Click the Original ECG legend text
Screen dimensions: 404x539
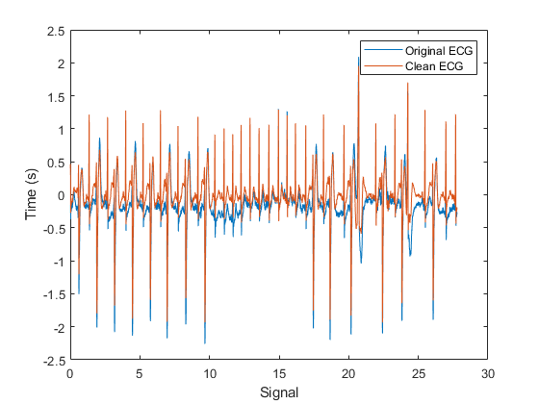(440, 49)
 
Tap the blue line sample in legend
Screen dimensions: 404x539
(376, 49)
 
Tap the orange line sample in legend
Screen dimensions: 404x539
(376, 65)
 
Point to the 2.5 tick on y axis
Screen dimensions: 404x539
(55, 31)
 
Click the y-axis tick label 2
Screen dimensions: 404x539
(61, 63)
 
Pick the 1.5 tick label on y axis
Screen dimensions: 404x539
(55, 96)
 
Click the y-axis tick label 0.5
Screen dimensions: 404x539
(55, 163)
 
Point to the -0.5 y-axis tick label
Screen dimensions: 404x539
(53, 229)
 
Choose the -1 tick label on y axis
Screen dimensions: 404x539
(58, 262)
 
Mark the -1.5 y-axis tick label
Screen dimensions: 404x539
(53, 294)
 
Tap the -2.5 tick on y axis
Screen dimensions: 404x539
(53, 361)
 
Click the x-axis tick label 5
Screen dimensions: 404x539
(140, 373)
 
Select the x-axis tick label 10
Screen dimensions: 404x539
(209, 373)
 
